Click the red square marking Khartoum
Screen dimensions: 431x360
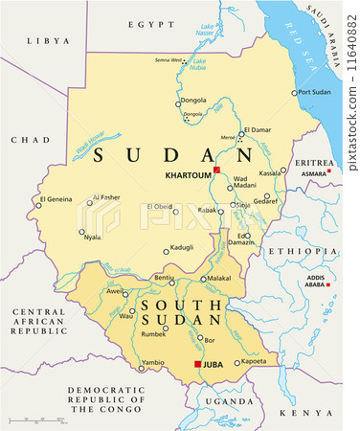pos(217,170)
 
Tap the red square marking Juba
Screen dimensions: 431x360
pos(198,365)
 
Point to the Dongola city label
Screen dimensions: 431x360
pos(194,100)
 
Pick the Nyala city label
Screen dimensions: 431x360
pos(93,237)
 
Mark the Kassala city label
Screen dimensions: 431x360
pos(271,173)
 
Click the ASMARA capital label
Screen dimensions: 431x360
pos(314,172)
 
